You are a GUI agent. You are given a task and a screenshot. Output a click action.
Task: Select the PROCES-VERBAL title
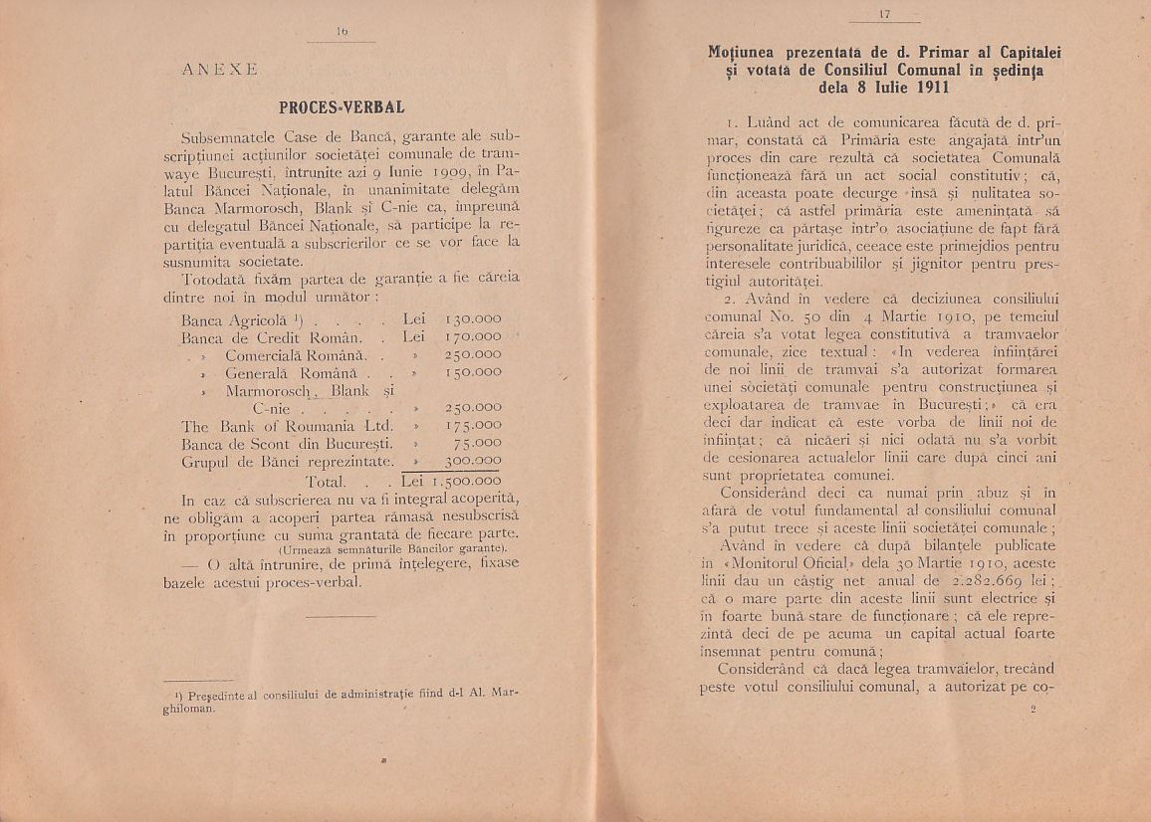coord(341,104)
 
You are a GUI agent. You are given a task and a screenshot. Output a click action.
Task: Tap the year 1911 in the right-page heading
coord(928,87)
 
